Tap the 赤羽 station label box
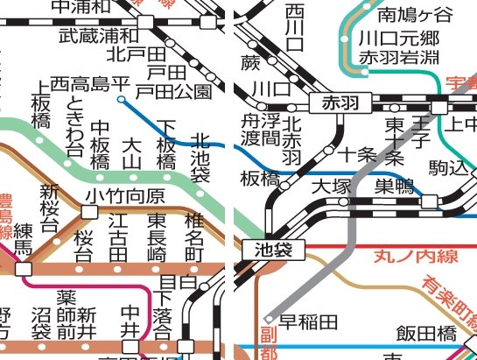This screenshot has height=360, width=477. click(x=341, y=102)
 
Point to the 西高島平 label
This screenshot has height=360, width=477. click(x=89, y=84)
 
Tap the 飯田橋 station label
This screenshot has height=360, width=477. click(x=426, y=333)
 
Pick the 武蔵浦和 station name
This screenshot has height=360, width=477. click(x=98, y=36)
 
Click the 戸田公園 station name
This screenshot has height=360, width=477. click(x=179, y=90)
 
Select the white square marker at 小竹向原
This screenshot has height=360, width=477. click(x=89, y=211)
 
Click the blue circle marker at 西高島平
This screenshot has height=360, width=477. click(x=121, y=100)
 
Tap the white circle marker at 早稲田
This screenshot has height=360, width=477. click(x=270, y=319)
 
